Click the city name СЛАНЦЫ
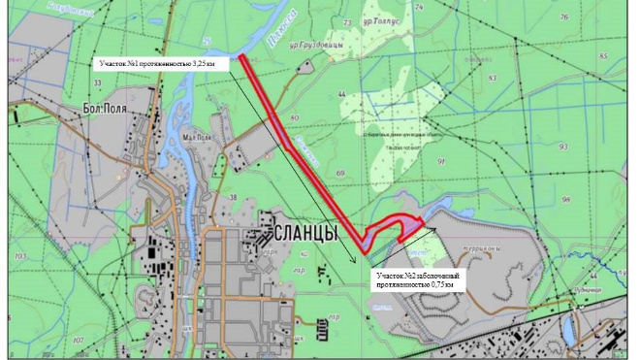click(x=305, y=234)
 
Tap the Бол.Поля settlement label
click(x=106, y=108)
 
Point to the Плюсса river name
click(x=280, y=40)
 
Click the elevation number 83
click(x=492, y=78)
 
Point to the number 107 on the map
click(x=77, y=340)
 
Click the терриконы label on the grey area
click(x=481, y=247)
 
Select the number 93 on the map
click(x=562, y=146)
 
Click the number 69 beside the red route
click(x=339, y=173)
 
